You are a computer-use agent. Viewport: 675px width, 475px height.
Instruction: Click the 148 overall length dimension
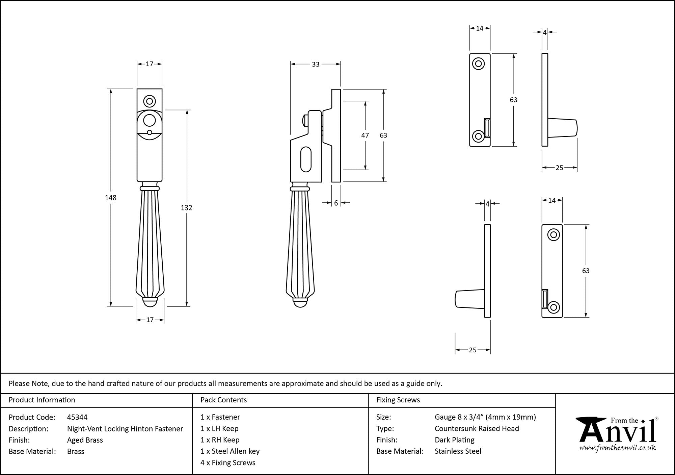pyautogui.click(x=111, y=198)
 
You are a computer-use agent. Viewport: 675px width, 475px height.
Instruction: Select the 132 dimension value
pyautogui.click(x=186, y=208)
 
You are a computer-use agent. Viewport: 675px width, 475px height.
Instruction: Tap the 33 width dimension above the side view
pyautogui.click(x=316, y=64)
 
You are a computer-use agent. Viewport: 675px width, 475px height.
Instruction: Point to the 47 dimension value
pyautogui.click(x=365, y=135)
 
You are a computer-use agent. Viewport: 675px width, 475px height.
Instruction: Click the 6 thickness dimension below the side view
pyautogui.click(x=336, y=203)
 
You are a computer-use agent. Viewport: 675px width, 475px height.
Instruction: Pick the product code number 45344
pyautogui.click(x=77, y=417)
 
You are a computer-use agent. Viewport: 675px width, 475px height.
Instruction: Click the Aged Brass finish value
pyautogui.click(x=85, y=440)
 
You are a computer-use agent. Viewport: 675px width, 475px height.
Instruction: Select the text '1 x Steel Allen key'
pyautogui.click(x=230, y=451)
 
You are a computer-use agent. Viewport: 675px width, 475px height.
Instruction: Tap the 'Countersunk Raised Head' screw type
pyautogui.click(x=477, y=428)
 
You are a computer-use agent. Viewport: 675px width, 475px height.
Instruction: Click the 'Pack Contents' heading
pyautogui.click(x=223, y=400)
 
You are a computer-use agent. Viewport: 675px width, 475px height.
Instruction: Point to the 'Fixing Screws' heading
pyautogui.click(x=398, y=400)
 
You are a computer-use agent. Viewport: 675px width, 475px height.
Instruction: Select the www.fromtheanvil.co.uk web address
pyautogui.click(x=618, y=448)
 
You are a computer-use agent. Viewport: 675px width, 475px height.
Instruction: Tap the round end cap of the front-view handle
pyautogui.click(x=150, y=303)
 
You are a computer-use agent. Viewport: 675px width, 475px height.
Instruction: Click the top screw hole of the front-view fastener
pyautogui.click(x=150, y=101)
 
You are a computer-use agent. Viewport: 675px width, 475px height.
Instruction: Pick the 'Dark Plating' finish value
pyautogui.click(x=454, y=440)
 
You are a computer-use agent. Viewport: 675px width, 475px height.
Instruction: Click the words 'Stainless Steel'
pyautogui.click(x=458, y=451)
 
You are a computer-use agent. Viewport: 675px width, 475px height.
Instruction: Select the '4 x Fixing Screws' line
pyautogui.click(x=228, y=462)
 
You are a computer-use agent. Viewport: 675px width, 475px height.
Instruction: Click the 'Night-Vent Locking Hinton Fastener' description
pyautogui.click(x=125, y=429)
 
